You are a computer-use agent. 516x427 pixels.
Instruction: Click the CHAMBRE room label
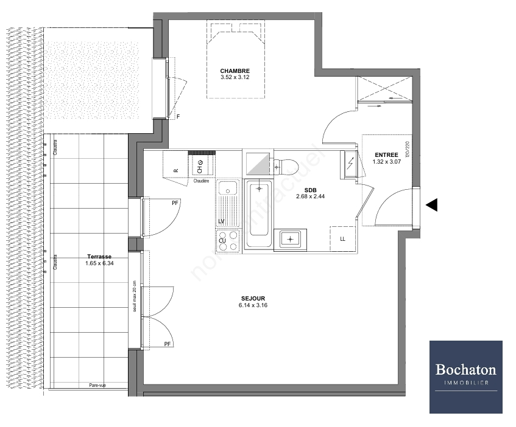tap(235, 71)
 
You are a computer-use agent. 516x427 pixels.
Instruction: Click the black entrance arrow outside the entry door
tap(431, 206)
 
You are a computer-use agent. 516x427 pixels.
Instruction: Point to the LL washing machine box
tap(342, 238)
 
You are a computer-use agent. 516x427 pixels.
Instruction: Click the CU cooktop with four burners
tap(228, 240)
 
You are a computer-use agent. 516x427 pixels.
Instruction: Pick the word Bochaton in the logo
tap(465, 369)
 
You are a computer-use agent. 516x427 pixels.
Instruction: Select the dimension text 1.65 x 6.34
tap(99, 264)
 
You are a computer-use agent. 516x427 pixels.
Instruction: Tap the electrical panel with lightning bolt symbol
tap(350, 164)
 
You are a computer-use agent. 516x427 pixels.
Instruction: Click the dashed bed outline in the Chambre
tap(236, 60)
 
